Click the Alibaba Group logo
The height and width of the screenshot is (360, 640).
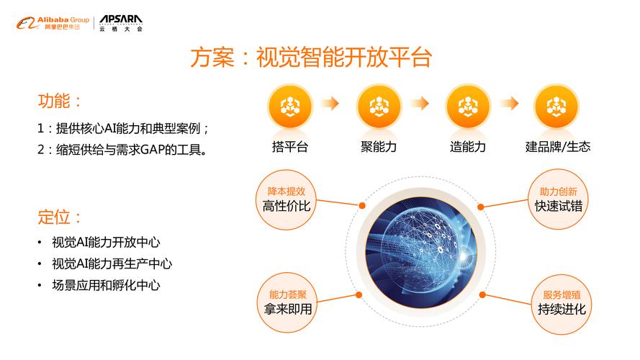point(53,23)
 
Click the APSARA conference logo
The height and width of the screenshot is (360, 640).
point(121,23)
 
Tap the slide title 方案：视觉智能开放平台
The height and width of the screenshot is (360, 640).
point(311,57)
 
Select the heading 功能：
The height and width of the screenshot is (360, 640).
point(60,101)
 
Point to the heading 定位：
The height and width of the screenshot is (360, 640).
point(60,217)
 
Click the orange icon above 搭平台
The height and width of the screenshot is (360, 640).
point(290,107)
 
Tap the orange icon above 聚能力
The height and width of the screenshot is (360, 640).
point(379,107)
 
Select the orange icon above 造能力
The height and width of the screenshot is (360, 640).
point(468,107)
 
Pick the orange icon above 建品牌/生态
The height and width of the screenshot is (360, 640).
point(556,107)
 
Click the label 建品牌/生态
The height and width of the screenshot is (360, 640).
point(558,147)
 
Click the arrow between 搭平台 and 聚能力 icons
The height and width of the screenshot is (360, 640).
point(330,103)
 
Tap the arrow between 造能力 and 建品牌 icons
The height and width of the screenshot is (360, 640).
point(510,103)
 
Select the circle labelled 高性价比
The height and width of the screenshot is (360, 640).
point(286,199)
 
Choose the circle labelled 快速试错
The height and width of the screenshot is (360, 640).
point(558,199)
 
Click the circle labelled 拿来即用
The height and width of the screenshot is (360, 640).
point(288,303)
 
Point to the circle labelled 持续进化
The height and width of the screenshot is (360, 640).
point(562,304)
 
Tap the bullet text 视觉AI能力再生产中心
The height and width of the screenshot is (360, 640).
point(112,264)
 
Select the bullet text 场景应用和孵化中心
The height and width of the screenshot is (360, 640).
point(106,285)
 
